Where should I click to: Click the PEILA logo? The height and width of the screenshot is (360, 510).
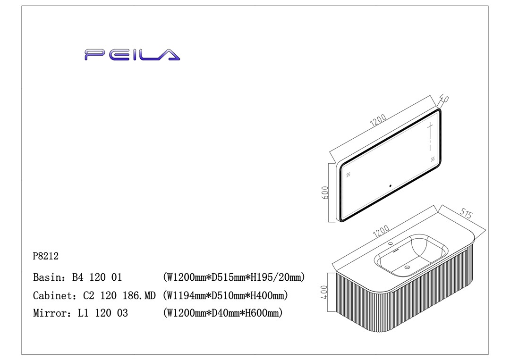pyautogui.click(x=132, y=55)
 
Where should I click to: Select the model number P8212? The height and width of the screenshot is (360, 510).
pyautogui.click(x=46, y=256)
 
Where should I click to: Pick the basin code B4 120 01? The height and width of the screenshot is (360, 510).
pyautogui.click(x=97, y=277)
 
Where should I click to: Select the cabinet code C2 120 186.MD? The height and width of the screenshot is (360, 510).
pyautogui.click(x=119, y=296)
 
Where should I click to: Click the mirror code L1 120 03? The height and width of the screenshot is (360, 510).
pyautogui.click(x=103, y=313)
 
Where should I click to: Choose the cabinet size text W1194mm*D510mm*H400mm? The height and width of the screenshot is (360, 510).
pyautogui.click(x=225, y=296)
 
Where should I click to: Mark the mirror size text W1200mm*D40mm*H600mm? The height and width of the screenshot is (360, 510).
pyautogui.click(x=222, y=313)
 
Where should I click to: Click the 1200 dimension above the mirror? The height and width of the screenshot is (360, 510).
pyautogui.click(x=378, y=121)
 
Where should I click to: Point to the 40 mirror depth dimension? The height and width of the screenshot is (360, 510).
pyautogui.click(x=444, y=100)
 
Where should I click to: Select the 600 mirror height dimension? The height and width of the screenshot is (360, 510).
pyautogui.click(x=324, y=193)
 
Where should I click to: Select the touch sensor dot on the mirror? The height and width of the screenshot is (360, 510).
pyautogui.click(x=390, y=186)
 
